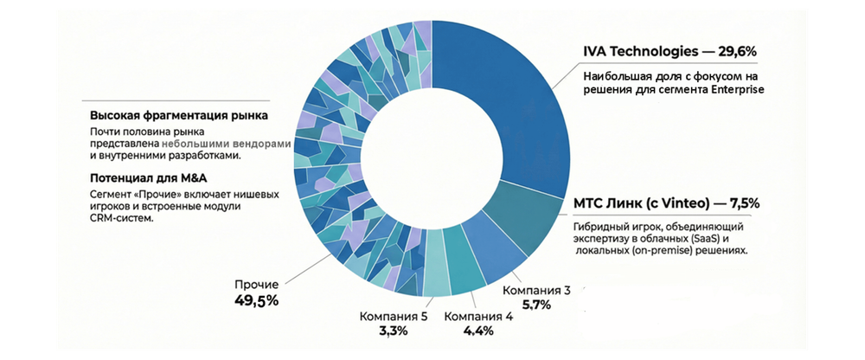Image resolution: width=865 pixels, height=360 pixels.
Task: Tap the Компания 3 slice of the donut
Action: point(491,253)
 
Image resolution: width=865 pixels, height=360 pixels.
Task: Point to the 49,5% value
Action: point(257,301)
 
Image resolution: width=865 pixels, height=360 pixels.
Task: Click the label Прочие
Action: point(257,284)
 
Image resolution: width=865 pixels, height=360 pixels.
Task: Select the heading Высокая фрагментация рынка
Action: point(179,116)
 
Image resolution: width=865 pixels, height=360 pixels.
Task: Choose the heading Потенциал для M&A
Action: point(137,178)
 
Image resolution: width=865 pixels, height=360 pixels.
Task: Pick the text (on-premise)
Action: point(649,250)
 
